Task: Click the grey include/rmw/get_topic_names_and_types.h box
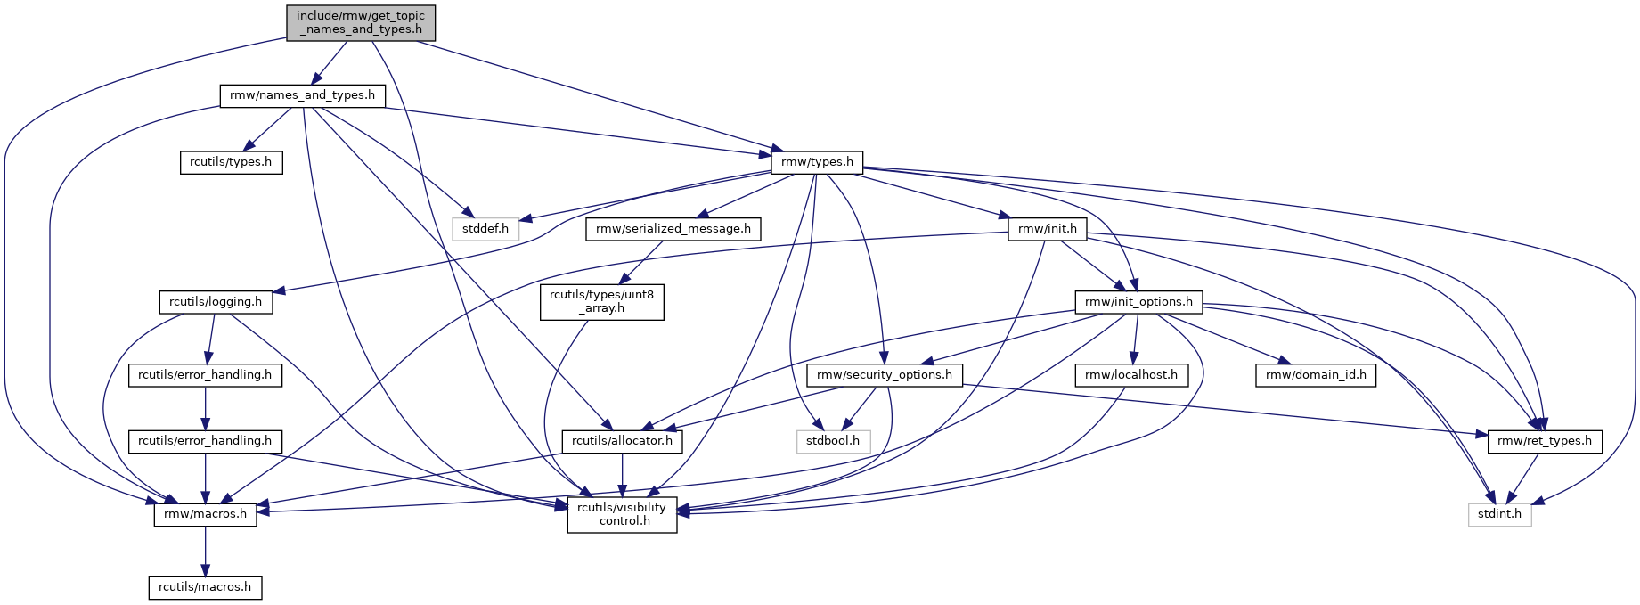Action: pyautogui.click(x=361, y=22)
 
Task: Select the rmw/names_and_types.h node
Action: pyautogui.click(x=302, y=95)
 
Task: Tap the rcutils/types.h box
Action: pyautogui.click(x=231, y=163)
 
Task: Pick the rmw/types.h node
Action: pyautogui.click(x=817, y=162)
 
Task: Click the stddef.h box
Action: pyautogui.click(x=485, y=229)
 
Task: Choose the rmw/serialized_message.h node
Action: pyautogui.click(x=673, y=229)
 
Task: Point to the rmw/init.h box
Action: pyautogui.click(x=1048, y=229)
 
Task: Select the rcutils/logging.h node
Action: pyautogui.click(x=216, y=302)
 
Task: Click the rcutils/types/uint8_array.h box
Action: pyautogui.click(x=601, y=302)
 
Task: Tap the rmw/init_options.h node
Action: pyautogui.click(x=1138, y=302)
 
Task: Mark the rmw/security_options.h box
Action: pyautogui.click(x=885, y=375)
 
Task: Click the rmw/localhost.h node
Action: pyautogui.click(x=1131, y=375)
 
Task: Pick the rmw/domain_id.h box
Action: pyautogui.click(x=1316, y=375)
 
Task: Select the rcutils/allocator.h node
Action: pyautogui.click(x=622, y=441)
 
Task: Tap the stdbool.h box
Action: pyautogui.click(x=833, y=441)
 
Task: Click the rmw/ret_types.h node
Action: pyautogui.click(x=1545, y=441)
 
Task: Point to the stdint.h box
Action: pyautogui.click(x=1500, y=514)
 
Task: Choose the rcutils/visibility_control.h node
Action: pyautogui.click(x=622, y=514)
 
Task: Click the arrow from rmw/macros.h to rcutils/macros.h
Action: pyautogui.click(x=206, y=552)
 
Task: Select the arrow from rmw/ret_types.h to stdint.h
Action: pyautogui.click(x=1524, y=477)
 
